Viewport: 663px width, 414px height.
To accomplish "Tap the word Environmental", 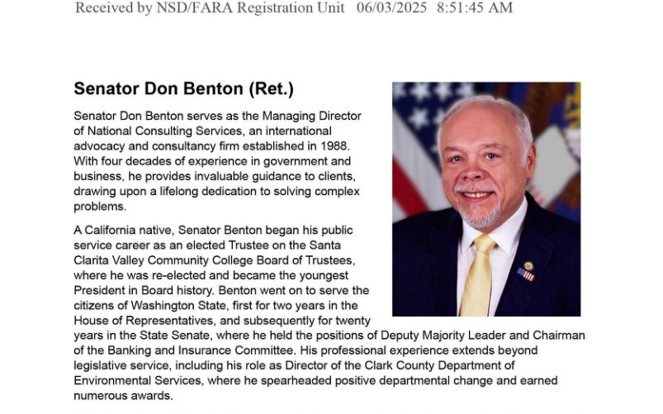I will pyautogui.click(x=116, y=380).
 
